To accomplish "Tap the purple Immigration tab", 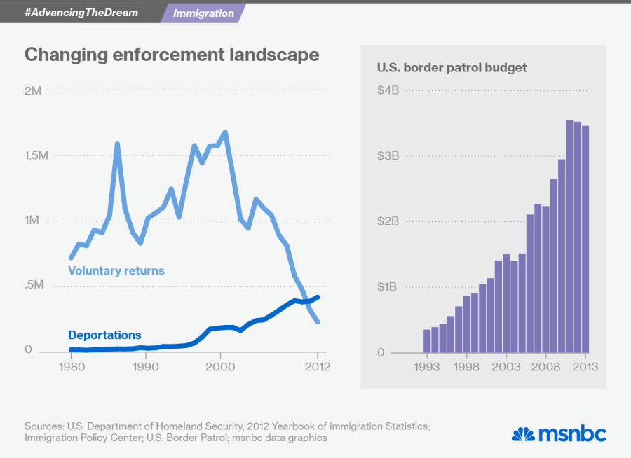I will click(x=203, y=13).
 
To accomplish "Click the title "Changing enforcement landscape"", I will click(x=172, y=55).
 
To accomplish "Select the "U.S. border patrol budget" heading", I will click(x=452, y=68).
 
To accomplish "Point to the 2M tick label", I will click(x=33, y=91).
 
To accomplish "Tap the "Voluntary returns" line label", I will click(x=116, y=270).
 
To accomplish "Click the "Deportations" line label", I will click(x=104, y=335).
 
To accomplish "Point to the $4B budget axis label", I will click(x=388, y=91).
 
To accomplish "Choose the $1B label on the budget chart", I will click(x=388, y=287).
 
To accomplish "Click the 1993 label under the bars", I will click(x=427, y=367).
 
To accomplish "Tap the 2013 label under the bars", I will click(x=584, y=367).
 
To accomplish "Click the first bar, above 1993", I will click(x=427, y=341).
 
